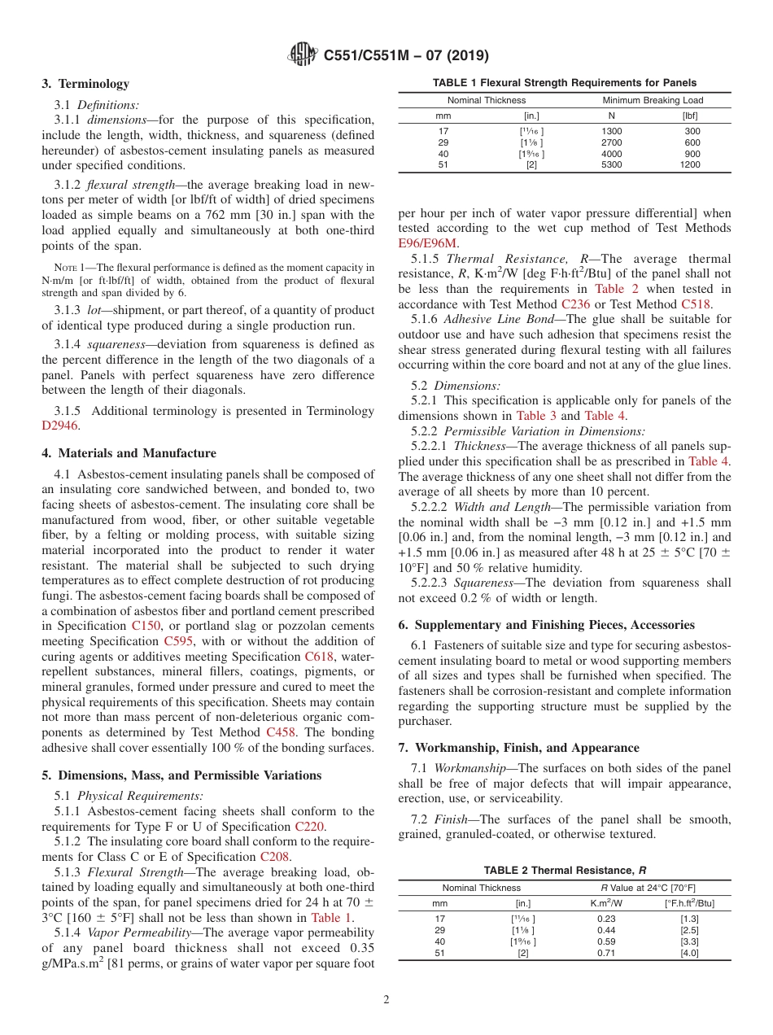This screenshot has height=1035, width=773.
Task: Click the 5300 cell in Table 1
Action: click(611, 164)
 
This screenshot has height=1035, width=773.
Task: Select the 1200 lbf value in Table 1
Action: click(690, 164)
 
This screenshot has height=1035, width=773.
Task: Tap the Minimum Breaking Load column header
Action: click(653, 100)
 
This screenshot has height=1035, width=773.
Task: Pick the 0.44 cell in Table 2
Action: click(605, 929)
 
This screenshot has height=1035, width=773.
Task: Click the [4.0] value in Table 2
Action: click(689, 953)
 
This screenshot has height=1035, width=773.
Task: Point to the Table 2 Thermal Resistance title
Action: click(565, 870)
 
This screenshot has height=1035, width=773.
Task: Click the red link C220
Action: click(309, 827)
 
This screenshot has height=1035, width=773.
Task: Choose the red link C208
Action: click(274, 857)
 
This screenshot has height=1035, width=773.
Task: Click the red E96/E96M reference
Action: click(428, 242)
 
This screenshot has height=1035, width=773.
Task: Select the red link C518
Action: click(696, 304)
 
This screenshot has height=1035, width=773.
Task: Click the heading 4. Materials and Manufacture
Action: click(129, 453)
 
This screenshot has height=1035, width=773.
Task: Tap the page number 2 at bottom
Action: click(386, 1000)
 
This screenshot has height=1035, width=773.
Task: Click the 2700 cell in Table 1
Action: click(611, 142)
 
